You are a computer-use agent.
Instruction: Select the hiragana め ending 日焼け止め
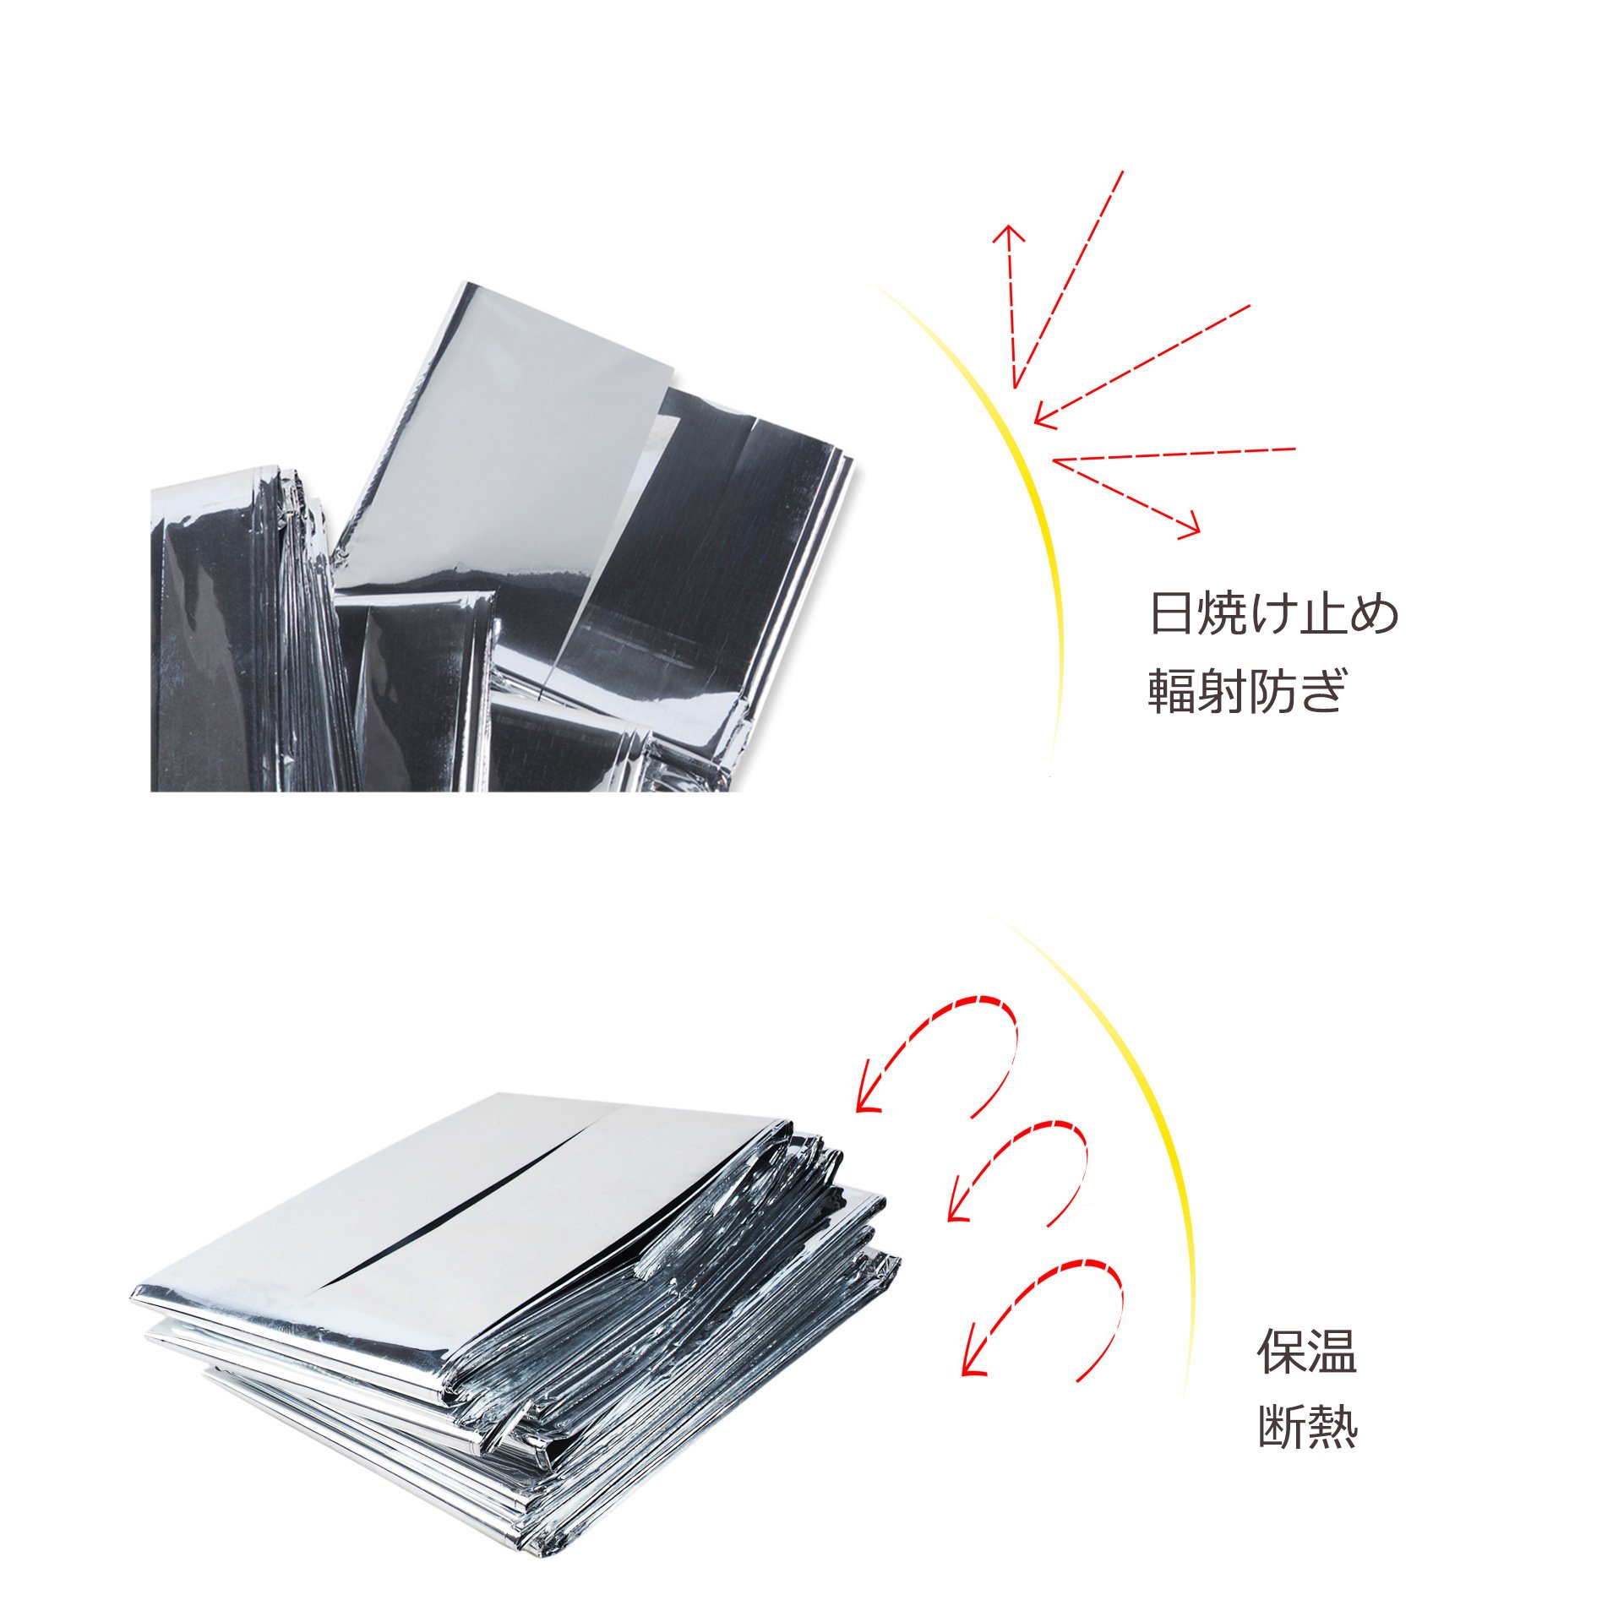pos(1375,614)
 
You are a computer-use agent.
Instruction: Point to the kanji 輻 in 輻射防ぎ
pos(1171,692)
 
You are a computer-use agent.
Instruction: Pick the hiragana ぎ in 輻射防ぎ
pos(1321,692)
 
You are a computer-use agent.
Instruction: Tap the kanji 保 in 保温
pos(1281,1351)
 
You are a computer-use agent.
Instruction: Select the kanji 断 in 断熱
pos(1281,1427)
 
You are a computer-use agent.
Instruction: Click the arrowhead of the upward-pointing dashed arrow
pos(1008,235)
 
